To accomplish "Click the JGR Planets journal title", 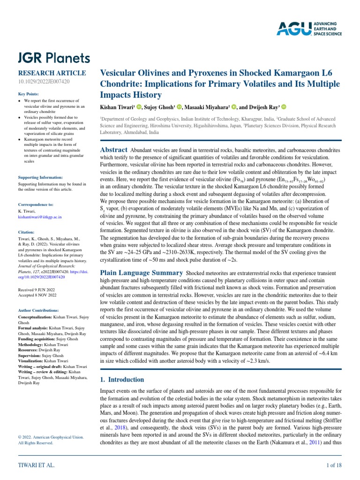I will coord(54,58).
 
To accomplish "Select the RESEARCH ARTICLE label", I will coord(52,73).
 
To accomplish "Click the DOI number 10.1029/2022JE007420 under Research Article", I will coord(44,82).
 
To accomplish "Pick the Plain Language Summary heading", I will coord(142,272).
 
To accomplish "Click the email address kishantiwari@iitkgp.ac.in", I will coord(40,217).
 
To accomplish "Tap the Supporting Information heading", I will coord(40,178).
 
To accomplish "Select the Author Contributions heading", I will coord(38,310).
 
